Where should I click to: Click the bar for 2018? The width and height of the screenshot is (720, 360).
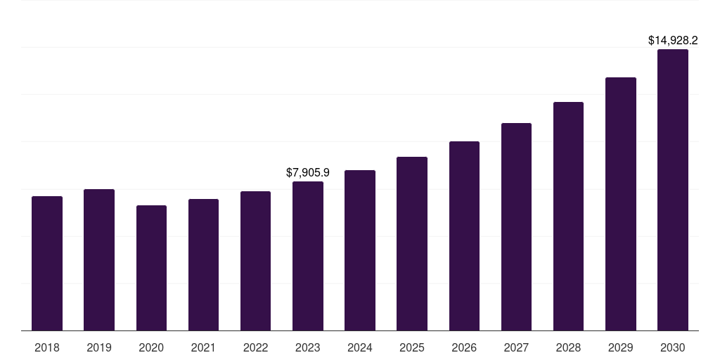pyautogui.click(x=47, y=263)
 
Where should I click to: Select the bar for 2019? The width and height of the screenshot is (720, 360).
pyautogui.click(x=99, y=259)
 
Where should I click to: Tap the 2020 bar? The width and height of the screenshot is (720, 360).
pyautogui.click(x=151, y=268)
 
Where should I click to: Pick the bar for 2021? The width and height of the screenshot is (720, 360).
pyautogui.click(x=203, y=264)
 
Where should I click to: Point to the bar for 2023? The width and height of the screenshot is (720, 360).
pyautogui.click(x=308, y=256)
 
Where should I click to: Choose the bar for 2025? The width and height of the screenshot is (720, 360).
pyautogui.click(x=412, y=243)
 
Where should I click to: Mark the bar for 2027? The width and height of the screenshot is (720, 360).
pyautogui.click(x=516, y=226)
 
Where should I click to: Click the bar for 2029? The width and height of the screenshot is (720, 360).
pyautogui.click(x=620, y=204)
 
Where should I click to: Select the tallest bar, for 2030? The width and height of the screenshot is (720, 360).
pyautogui.click(x=672, y=190)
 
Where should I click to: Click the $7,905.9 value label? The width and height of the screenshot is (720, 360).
pyautogui.click(x=308, y=172)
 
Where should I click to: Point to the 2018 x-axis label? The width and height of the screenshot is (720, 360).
pyautogui.click(x=47, y=347)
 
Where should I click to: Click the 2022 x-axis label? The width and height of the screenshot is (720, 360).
pyautogui.click(x=256, y=347)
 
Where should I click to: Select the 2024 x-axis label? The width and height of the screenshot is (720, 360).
pyautogui.click(x=360, y=347)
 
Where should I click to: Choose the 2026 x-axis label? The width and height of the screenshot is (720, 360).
pyautogui.click(x=464, y=347)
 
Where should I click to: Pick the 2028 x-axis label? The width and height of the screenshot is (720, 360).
pyautogui.click(x=568, y=347)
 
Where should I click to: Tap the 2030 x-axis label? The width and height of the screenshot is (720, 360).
pyautogui.click(x=672, y=347)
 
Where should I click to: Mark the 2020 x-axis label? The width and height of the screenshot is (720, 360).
pyautogui.click(x=151, y=347)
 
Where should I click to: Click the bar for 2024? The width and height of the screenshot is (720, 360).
pyautogui.click(x=360, y=250)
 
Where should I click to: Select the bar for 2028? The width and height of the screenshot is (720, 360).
pyautogui.click(x=568, y=216)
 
